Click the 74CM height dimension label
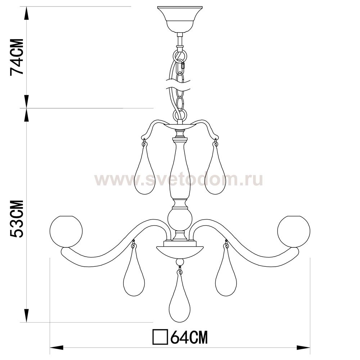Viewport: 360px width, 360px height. [x=17, y=57]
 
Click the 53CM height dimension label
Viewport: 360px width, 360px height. [x=17, y=219]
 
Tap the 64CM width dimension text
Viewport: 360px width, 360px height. [x=189, y=337]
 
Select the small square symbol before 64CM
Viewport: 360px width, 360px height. [x=160, y=337]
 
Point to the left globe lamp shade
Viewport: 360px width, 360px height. [x=66, y=231]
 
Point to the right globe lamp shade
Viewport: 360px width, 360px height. [x=294, y=231]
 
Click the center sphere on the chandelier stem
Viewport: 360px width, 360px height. [x=180, y=220]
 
